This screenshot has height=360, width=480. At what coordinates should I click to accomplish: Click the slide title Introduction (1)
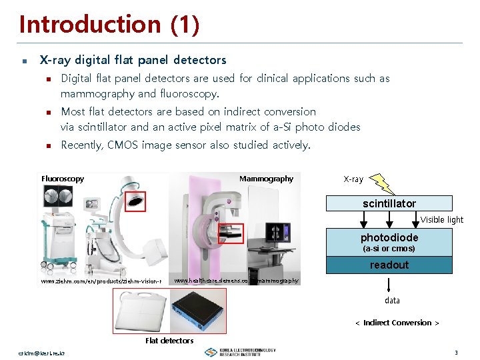(109, 25)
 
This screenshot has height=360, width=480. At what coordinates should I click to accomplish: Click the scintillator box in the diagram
(389, 203)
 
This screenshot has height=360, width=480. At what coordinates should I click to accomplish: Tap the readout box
(389, 265)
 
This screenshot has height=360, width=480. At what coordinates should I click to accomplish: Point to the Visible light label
(441, 220)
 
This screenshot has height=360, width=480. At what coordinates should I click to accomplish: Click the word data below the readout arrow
(393, 301)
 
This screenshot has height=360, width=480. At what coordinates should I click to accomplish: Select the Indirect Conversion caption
(397, 323)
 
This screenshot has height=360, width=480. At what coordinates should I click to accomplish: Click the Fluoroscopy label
(63, 179)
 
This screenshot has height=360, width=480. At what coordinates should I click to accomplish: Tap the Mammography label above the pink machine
(266, 179)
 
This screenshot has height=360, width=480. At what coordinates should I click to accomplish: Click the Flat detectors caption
(169, 341)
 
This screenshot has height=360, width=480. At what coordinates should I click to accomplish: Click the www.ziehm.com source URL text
(101, 281)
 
